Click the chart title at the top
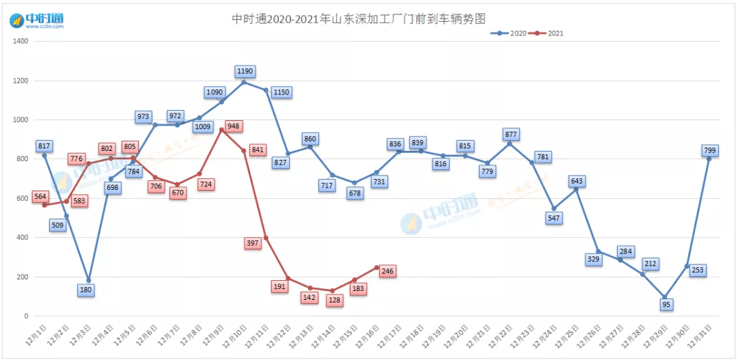[x=362, y=18]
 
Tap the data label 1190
[x=245, y=71]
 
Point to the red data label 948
[x=234, y=126]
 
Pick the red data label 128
[x=335, y=301]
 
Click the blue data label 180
[x=85, y=290]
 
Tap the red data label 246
[x=387, y=271]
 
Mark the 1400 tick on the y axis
[x=20, y=41]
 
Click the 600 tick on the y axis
[x=23, y=199]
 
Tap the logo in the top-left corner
[x=37, y=20]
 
